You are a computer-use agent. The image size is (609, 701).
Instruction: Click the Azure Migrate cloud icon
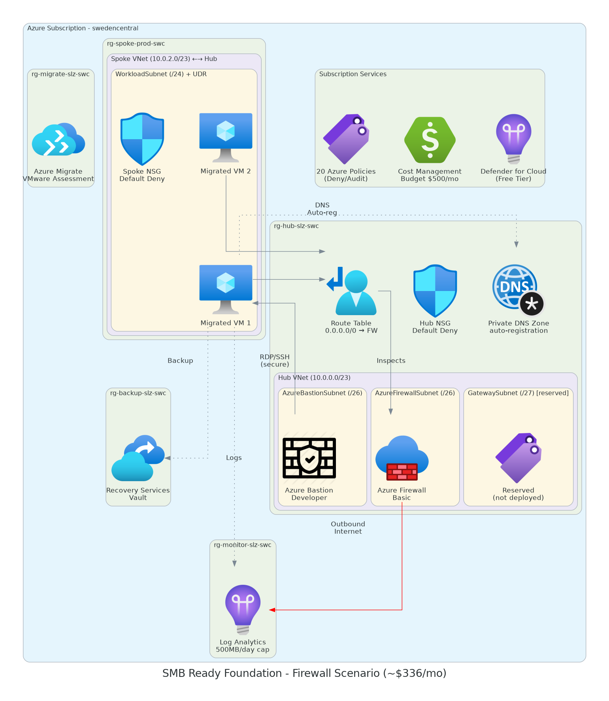pyautogui.click(x=58, y=140)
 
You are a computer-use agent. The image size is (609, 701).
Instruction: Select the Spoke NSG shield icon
pyautogui.click(x=142, y=139)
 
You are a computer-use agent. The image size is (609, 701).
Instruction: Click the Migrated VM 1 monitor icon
pyautogui.click(x=226, y=289)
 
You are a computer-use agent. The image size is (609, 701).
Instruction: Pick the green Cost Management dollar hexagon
pyautogui.click(x=430, y=140)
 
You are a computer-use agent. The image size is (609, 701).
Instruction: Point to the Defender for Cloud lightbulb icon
pyautogui.click(x=513, y=139)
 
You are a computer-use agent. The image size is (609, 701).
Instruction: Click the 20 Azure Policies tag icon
pyautogui.click(x=346, y=139)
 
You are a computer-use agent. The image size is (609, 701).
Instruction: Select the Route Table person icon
pyautogui.click(x=351, y=291)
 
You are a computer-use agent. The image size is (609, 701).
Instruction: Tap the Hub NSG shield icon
pyautogui.click(x=435, y=291)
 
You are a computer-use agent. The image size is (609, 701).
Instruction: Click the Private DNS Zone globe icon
pyautogui.click(x=518, y=290)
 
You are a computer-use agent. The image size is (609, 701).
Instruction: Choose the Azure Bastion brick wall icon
pyautogui.click(x=309, y=458)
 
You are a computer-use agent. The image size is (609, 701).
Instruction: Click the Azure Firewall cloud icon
pyautogui.click(x=402, y=458)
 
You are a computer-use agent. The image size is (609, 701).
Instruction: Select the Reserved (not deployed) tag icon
pyautogui.click(x=518, y=458)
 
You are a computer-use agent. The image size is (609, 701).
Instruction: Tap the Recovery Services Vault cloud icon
pyautogui.click(x=138, y=458)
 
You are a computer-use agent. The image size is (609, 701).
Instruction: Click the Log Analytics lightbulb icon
pyautogui.click(x=243, y=609)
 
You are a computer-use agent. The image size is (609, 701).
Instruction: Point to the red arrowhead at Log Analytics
pyautogui.click(x=272, y=610)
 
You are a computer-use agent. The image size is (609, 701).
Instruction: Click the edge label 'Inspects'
pyautogui.click(x=391, y=361)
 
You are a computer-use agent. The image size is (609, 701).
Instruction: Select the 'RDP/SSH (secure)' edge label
pyautogui.click(x=275, y=361)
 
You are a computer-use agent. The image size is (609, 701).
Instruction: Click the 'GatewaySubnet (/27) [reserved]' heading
pyautogui.click(x=518, y=393)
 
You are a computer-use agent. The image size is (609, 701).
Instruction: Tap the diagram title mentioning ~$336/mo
pyautogui.click(x=304, y=673)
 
